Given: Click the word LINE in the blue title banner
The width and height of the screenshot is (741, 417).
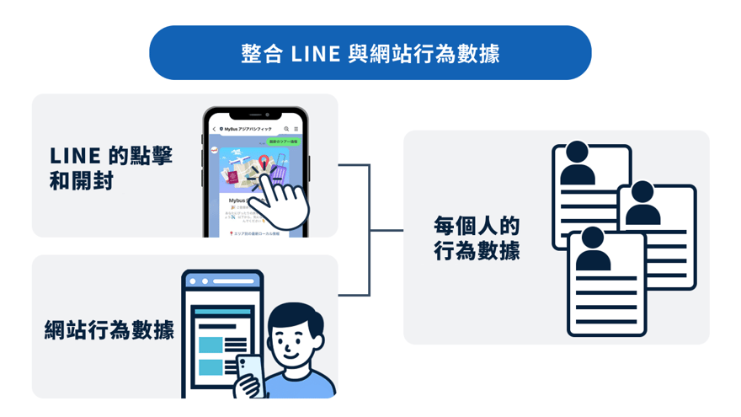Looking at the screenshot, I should (x=316, y=54).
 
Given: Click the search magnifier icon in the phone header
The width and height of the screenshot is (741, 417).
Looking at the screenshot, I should (x=287, y=129).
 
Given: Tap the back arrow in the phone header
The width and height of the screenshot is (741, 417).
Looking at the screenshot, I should (x=214, y=129).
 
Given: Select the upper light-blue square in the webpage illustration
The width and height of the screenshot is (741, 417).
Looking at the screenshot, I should (x=211, y=345).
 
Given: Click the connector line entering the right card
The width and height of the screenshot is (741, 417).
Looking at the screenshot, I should (x=386, y=230).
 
